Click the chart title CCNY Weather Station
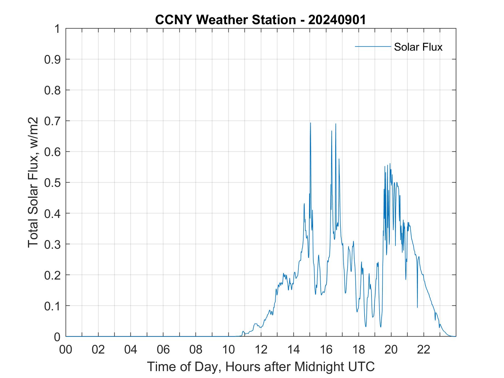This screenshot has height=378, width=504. coord(260,20)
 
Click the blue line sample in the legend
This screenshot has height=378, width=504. coord(373,46)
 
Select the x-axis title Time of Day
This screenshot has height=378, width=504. coord(261,366)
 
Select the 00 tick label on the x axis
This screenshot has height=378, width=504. coord(66,349)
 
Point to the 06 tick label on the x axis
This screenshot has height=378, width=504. coord(163,349)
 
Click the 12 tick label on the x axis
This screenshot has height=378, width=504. coord(261,349)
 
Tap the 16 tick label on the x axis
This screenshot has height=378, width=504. coord(326,349)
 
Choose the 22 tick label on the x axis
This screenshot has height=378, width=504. coord(424,349)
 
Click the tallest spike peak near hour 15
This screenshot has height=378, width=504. coord(310,123)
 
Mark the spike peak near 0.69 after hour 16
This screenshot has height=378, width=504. coord(336,124)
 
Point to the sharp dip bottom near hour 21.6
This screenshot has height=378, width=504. coord(417,307)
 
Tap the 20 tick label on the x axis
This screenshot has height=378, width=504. coord(391,349)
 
